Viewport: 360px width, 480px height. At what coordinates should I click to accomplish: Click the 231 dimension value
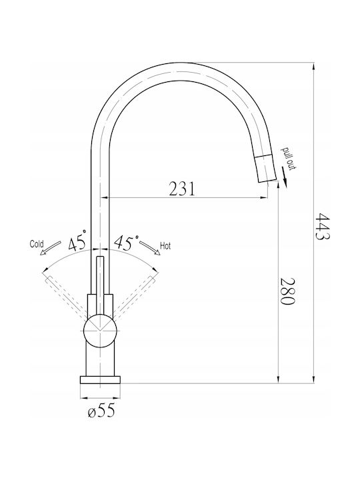pyautogui.click(x=182, y=189)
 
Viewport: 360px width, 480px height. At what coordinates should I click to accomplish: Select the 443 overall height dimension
pyautogui.click(x=323, y=226)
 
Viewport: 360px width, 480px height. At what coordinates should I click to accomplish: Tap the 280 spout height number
pyautogui.click(x=287, y=291)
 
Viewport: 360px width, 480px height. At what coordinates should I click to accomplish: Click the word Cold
pyautogui.click(x=37, y=244)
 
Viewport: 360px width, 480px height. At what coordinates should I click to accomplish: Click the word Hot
pyautogui.click(x=165, y=246)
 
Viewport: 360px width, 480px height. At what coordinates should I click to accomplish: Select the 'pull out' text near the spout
pyautogui.click(x=289, y=159)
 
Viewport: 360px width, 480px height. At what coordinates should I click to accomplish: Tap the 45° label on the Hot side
pyautogui.click(x=126, y=243)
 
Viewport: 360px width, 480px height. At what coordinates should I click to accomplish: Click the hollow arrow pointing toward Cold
pyautogui.click(x=50, y=247)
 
